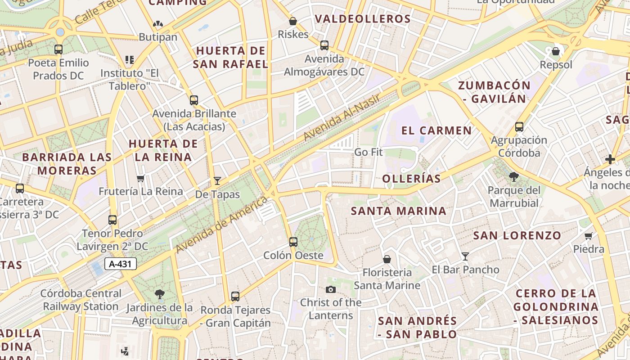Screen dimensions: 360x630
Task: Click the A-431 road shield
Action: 121,264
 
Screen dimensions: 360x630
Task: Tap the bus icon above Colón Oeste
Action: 293,242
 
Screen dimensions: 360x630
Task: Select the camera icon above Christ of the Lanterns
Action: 331,289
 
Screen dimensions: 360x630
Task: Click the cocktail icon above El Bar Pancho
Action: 465,256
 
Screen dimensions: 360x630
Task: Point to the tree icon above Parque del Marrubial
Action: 514,177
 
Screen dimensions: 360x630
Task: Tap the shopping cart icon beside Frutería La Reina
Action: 141,179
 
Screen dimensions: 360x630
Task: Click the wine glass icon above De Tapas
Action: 217,181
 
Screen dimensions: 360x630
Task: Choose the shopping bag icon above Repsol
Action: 556,51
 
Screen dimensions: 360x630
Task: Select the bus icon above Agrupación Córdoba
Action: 519,127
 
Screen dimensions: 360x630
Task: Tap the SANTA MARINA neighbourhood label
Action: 399,211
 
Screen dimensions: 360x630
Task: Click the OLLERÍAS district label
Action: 411,179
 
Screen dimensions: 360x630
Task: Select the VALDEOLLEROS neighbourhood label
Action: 363,19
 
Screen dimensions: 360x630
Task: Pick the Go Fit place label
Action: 368,152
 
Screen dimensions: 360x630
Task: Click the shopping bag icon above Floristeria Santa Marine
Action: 387,259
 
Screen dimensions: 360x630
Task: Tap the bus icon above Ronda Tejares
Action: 235,297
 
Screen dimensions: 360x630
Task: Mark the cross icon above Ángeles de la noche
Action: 610,159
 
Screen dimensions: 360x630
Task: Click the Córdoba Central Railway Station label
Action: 81,300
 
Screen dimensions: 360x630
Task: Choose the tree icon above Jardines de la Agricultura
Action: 159,295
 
